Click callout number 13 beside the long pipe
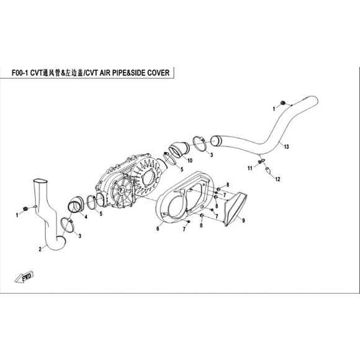[286, 146]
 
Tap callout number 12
[278, 179]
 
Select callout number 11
[250, 168]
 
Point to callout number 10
[190, 161]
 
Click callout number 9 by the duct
[243, 220]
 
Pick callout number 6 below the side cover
[158, 228]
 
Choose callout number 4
[86, 217]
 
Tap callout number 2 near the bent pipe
[40, 249]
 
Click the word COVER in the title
[158, 73]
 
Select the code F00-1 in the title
[20, 73]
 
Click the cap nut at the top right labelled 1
[283, 102]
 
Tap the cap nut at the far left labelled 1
[25, 209]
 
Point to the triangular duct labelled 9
[235, 209]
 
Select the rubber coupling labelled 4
[75, 205]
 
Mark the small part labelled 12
[268, 170]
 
